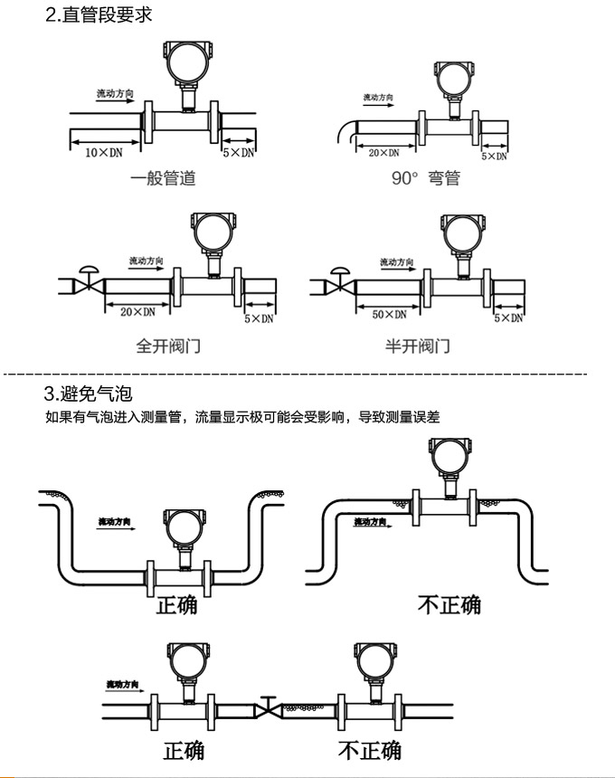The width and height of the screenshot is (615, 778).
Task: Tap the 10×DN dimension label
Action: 103,153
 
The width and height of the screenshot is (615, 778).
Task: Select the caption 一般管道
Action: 163,178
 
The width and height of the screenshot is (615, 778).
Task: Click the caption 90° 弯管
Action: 425,178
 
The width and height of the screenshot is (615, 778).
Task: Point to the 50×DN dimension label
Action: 390,314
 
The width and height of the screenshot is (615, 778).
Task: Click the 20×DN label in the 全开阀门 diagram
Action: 137,312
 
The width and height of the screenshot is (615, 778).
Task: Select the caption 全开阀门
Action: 168,346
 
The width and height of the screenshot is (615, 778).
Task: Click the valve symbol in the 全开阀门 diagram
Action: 89,282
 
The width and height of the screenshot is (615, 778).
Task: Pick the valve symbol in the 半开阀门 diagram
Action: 338,282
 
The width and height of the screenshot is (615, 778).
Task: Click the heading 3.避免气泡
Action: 88,394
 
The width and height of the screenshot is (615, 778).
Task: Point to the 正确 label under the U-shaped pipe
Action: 176,604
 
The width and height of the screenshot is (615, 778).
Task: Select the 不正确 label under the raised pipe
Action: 449,604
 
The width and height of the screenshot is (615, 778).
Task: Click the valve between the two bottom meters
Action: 268,708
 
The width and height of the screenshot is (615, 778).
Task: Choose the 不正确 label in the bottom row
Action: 369,750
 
